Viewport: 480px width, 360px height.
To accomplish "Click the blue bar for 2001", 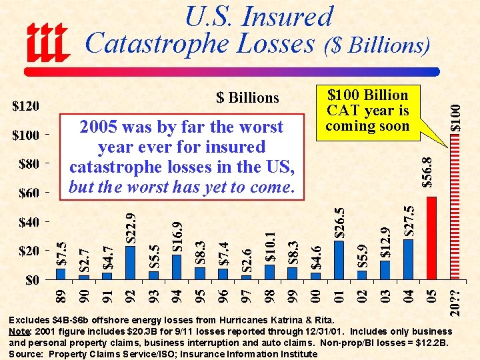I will [339, 260].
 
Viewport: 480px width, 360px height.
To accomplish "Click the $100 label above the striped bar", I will [454, 115].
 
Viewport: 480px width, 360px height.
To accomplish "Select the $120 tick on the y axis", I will [27, 107].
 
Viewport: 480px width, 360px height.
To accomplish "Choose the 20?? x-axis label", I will [454, 302].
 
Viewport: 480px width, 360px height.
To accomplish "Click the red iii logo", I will [47, 41].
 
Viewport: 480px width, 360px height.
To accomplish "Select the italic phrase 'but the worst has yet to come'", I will [181, 187].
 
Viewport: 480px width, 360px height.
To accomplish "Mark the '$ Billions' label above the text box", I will [247, 98].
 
